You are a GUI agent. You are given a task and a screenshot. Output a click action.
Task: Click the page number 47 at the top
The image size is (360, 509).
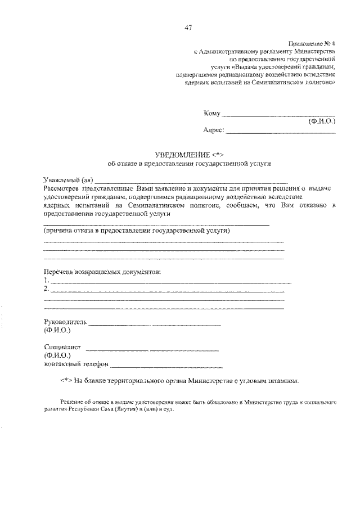pos(187,29)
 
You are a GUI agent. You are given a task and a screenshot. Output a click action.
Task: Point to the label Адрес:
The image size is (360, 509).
pos(213,130)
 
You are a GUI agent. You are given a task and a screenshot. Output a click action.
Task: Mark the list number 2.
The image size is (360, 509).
pos(46,289)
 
